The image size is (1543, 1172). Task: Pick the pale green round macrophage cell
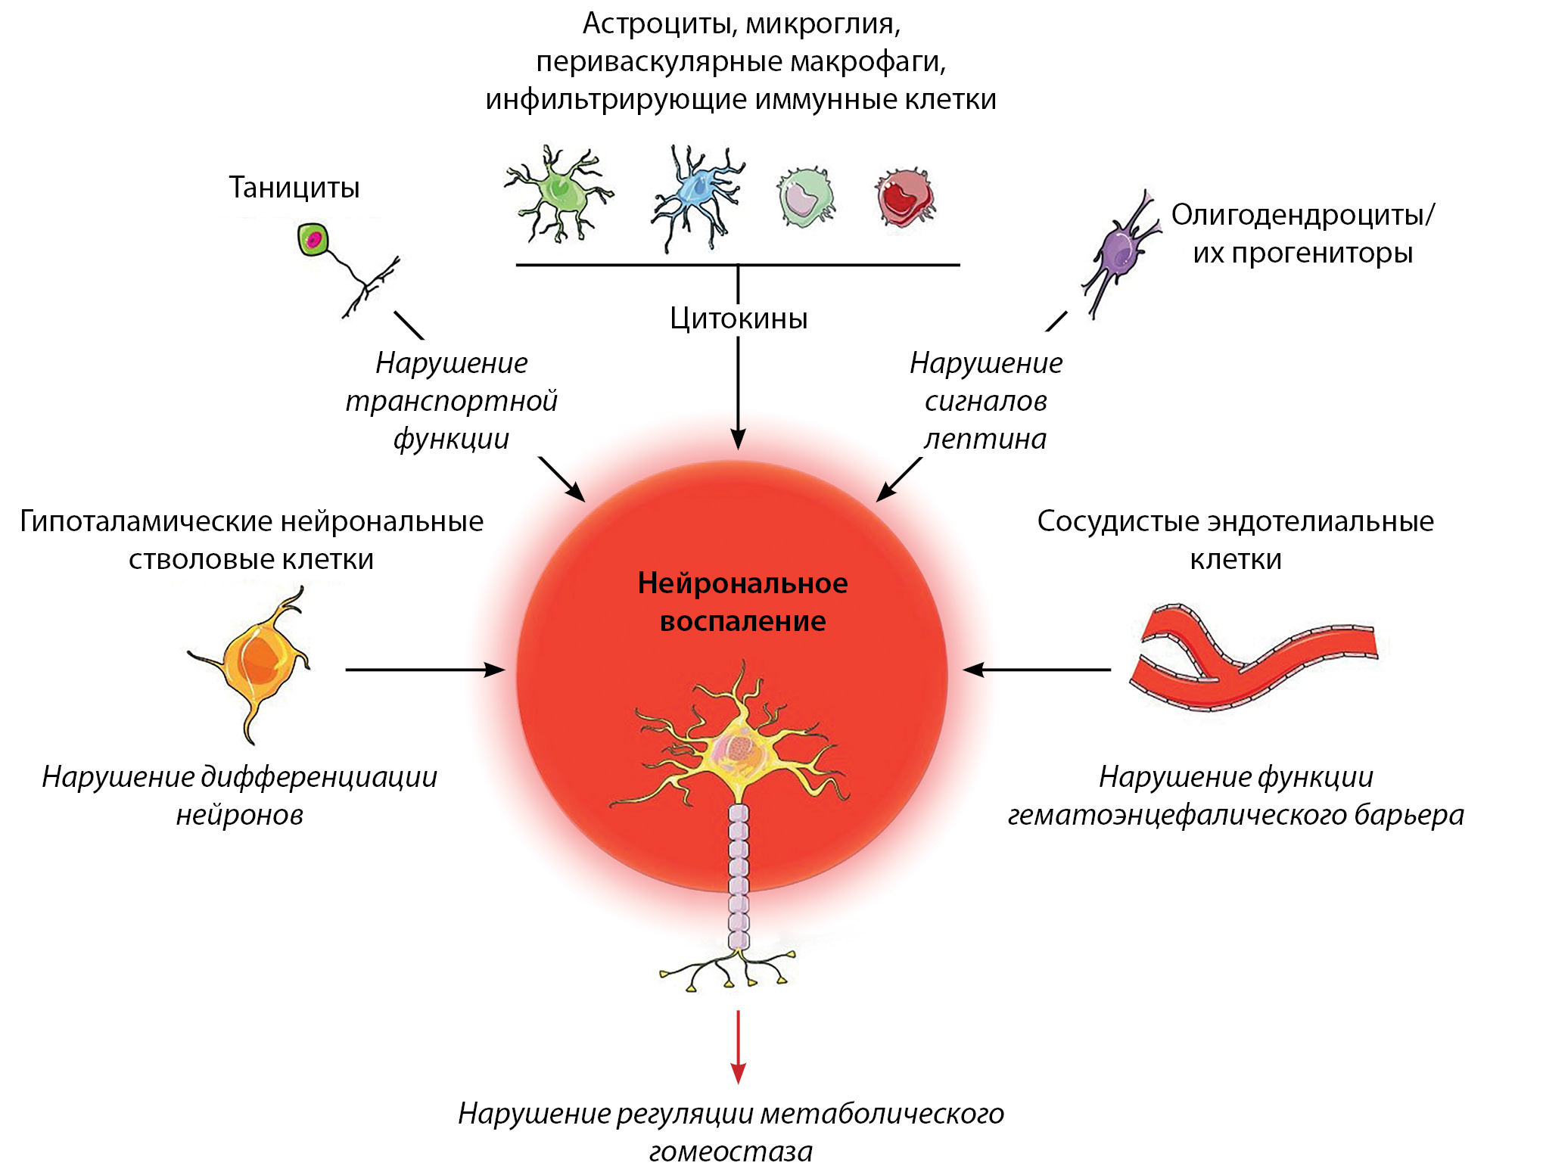point(804,197)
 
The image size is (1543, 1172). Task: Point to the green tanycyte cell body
point(313,240)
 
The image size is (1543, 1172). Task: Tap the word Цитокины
point(738,319)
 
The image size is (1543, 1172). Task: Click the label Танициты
point(294,188)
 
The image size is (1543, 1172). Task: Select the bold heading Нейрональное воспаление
point(742,602)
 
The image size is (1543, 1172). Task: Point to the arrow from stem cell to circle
point(425,670)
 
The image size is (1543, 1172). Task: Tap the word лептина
point(985,439)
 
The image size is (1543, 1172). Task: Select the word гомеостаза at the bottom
point(730,1151)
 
